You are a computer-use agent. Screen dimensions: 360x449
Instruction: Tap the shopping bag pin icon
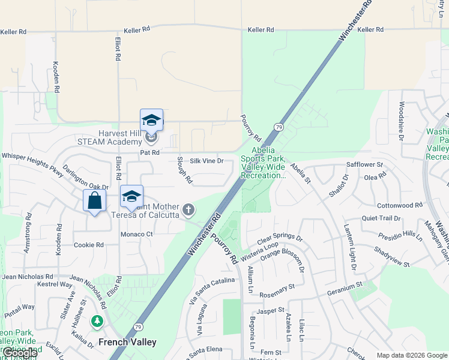point(95,200)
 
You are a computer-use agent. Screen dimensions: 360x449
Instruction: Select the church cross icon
point(188,209)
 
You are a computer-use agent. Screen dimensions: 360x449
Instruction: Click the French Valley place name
point(127,343)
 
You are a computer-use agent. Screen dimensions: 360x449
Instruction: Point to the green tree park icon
point(97,322)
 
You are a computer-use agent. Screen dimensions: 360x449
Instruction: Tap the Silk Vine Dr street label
point(206,161)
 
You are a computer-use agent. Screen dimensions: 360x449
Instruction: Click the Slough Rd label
point(184,170)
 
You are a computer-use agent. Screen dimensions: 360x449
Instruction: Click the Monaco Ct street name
point(137,234)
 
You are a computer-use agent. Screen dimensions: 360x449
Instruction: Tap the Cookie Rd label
point(89,245)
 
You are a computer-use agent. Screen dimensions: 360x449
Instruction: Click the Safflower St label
point(364,164)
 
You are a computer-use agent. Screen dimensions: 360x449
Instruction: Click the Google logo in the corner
point(19,353)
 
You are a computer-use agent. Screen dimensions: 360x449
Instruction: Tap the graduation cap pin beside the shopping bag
point(131,196)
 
